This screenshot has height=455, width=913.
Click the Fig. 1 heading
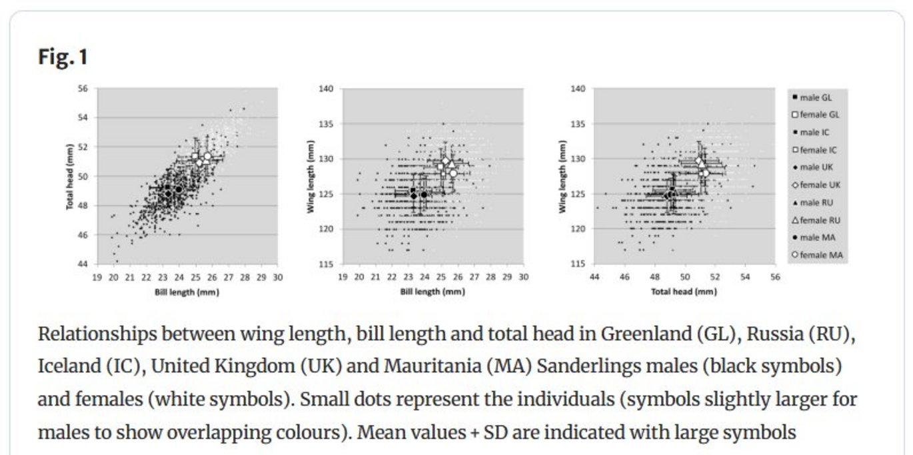pyautogui.click(x=63, y=57)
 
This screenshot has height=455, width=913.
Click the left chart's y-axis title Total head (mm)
pyautogui.click(x=69, y=176)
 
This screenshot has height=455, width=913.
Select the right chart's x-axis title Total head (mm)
pyautogui.click(x=684, y=292)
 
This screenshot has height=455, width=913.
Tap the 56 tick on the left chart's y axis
pyautogui.click(x=83, y=88)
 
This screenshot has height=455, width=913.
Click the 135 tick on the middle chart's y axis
pyautogui.click(x=327, y=123)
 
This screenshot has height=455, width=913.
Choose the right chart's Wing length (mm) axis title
pyautogui.click(x=563, y=176)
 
